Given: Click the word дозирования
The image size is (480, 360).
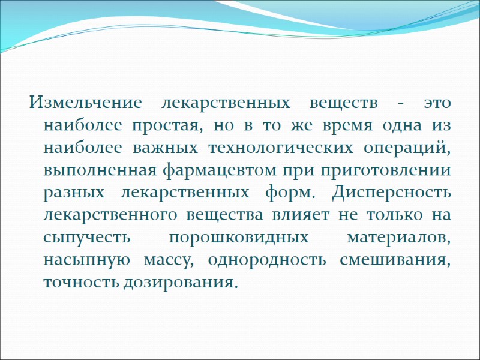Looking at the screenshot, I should pos(178,281).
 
